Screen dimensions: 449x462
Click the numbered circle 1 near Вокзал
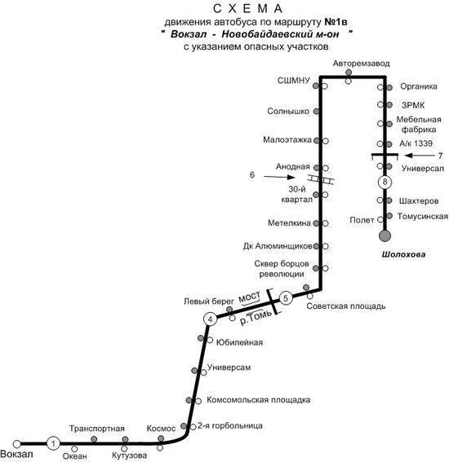pyautogui.click(x=53, y=443)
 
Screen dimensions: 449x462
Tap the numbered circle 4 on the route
pyautogui.click(x=210, y=319)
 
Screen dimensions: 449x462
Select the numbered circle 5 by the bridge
pyautogui.click(x=286, y=298)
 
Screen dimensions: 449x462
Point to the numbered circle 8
pyautogui.click(x=385, y=182)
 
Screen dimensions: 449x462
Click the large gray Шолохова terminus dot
pyautogui.click(x=385, y=235)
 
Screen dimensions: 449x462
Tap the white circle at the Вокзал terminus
pyautogui.click(x=17, y=444)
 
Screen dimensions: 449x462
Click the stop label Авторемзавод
pyautogui.click(x=362, y=64)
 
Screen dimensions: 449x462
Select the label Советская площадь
pyautogui.click(x=346, y=306)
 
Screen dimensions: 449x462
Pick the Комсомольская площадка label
pyautogui.click(x=258, y=400)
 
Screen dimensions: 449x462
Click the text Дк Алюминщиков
pyautogui.click(x=278, y=246)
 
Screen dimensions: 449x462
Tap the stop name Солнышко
pyautogui.click(x=288, y=111)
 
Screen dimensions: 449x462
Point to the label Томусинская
pyautogui.click(x=423, y=216)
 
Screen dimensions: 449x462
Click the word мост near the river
pyautogui.click(x=250, y=297)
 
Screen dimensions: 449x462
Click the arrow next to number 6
pyautogui.click(x=279, y=177)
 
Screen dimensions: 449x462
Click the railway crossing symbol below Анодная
pyautogui.click(x=321, y=179)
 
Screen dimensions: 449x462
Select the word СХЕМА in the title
pyautogui.click(x=247, y=9)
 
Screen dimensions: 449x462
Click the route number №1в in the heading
pyautogui.click(x=336, y=22)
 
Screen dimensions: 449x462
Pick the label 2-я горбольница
pyautogui.click(x=230, y=426)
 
